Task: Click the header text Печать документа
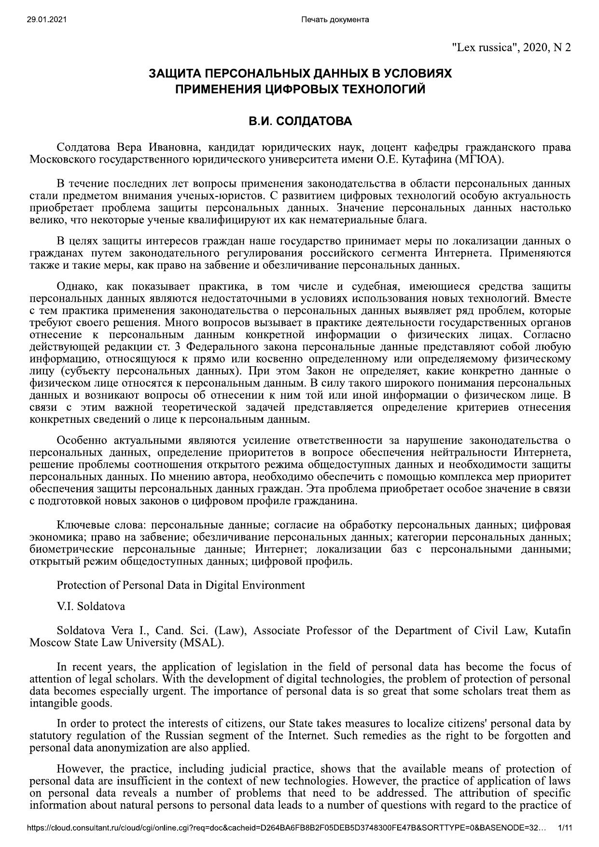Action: [x=334, y=19]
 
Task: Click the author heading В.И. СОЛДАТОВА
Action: [x=300, y=121]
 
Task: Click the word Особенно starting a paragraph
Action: [x=81, y=440]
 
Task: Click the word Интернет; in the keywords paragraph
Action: [x=281, y=549]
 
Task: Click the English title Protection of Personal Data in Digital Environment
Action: [x=181, y=585]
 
